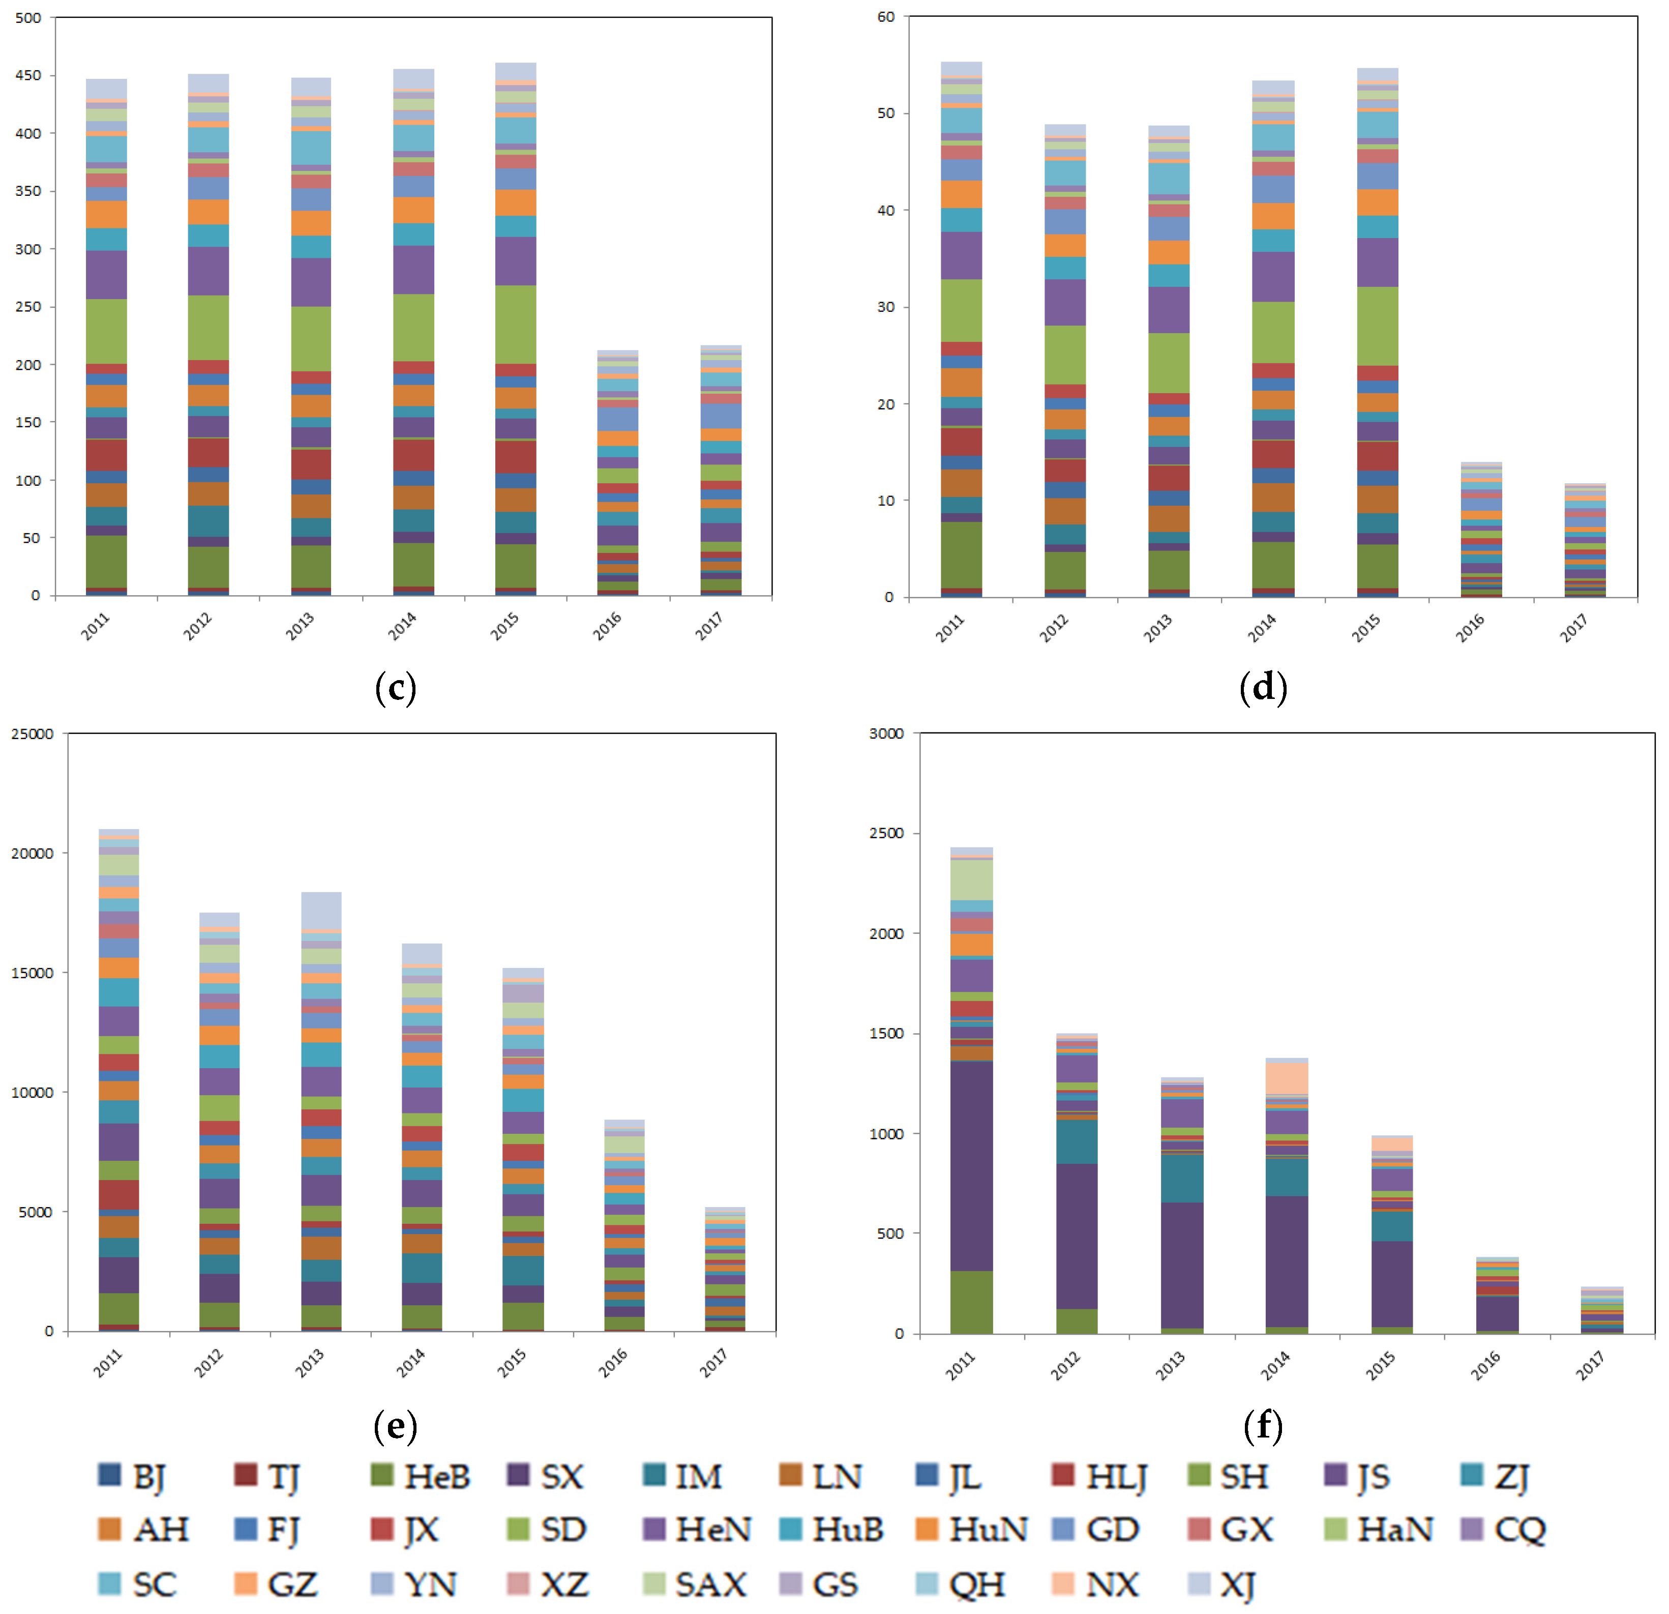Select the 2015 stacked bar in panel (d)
coord(1377,332)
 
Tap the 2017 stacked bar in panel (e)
coord(725,1269)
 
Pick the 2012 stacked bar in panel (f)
coord(1077,1184)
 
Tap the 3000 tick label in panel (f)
coord(885,733)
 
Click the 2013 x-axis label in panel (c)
coord(300,626)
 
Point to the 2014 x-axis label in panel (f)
coord(1275,1365)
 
